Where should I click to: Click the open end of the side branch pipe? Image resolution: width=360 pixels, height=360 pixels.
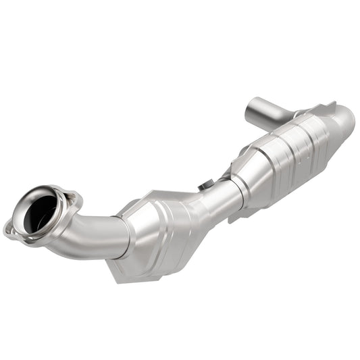point(251,107)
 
